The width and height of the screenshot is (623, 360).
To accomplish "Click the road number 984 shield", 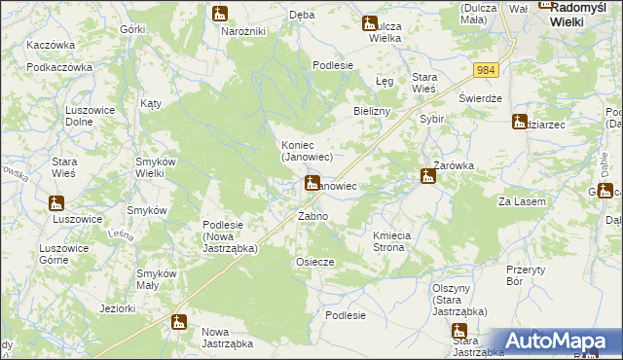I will pyautogui.click(x=487, y=70).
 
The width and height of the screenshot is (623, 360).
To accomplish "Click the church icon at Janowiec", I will pyautogui.click(x=312, y=182).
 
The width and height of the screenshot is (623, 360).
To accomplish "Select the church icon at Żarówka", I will pyautogui.click(x=427, y=177).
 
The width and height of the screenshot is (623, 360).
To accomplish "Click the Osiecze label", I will pyautogui.click(x=314, y=262).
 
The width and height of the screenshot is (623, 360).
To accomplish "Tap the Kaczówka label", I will pyautogui.click(x=52, y=45).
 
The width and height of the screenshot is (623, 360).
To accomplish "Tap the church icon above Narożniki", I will pyautogui.click(x=220, y=15).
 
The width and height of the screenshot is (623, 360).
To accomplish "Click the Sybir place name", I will pyautogui.click(x=431, y=118).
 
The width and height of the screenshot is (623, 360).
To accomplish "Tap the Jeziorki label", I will pyautogui.click(x=117, y=308).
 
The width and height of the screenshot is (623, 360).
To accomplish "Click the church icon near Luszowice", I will pyautogui.click(x=57, y=204).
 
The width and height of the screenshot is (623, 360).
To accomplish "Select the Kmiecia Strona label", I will pyautogui.click(x=401, y=241).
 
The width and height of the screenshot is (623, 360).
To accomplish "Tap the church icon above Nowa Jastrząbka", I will pyautogui.click(x=178, y=321).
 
